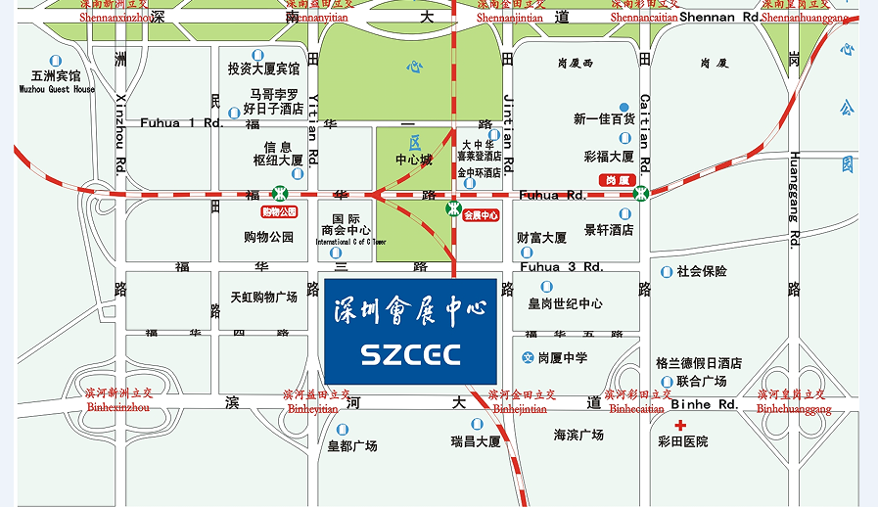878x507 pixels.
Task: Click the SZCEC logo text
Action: [410, 353]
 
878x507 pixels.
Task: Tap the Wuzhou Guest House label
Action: [58, 89]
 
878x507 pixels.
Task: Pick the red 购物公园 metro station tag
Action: [278, 211]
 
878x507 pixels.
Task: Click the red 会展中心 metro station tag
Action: [481, 214]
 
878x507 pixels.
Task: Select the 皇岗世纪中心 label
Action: [565, 303]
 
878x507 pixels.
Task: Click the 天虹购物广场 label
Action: [263, 297]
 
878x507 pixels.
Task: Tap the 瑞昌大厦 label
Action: [476, 441]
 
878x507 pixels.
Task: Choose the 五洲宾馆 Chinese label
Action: [56, 75]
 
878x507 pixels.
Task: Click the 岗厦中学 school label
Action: [563, 358]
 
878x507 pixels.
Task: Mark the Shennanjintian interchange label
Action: [510, 17]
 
